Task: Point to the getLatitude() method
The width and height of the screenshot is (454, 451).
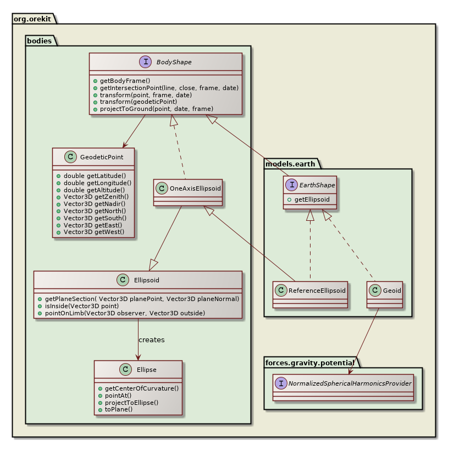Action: (94, 175)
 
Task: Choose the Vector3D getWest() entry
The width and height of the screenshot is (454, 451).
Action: (93, 232)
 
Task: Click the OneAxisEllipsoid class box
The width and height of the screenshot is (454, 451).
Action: (188, 192)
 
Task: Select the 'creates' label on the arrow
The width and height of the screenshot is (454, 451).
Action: (151, 340)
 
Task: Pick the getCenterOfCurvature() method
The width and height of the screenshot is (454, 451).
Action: (141, 388)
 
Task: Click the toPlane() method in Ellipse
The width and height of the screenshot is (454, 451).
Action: (118, 410)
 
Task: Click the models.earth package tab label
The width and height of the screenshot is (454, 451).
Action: (289, 163)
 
